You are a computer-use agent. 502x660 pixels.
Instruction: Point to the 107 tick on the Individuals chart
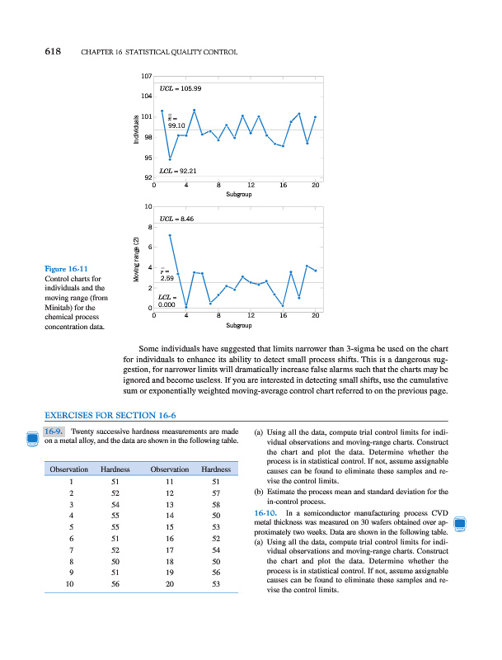pyautogui.click(x=148, y=77)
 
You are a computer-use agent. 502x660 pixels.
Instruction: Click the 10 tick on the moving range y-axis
pyautogui.click(x=148, y=205)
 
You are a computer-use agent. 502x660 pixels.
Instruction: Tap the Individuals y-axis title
pyautogui.click(x=137, y=130)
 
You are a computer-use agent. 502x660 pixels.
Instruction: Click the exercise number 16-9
pyautogui.click(x=54, y=431)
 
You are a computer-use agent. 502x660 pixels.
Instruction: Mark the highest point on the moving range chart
pyautogui.click(x=171, y=236)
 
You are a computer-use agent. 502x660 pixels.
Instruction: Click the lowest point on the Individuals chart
pyautogui.click(x=170, y=158)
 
